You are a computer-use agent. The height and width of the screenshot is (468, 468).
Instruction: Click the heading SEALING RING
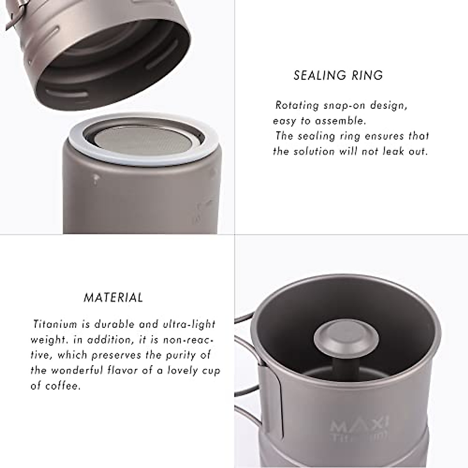(x=338, y=75)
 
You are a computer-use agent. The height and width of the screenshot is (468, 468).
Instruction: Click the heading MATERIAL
(x=113, y=298)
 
